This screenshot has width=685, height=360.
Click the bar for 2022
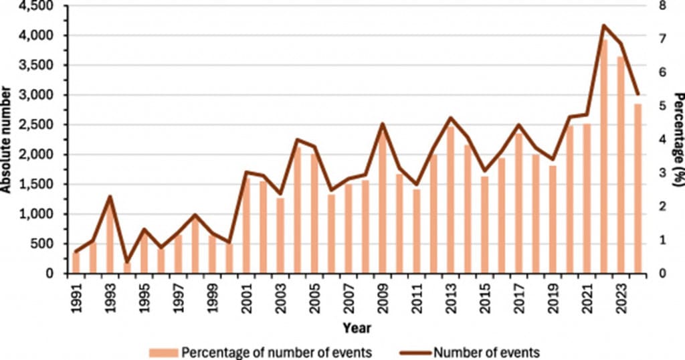coord(604,157)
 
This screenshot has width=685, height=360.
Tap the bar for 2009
coord(382,203)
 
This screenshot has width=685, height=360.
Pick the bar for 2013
coord(450,200)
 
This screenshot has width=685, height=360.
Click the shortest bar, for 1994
coord(127,268)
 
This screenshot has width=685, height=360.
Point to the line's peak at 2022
coord(604,25)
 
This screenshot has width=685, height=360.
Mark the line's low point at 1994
coord(127,262)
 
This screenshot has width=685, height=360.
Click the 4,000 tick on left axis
coord(42,35)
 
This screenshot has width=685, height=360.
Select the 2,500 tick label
coord(42,124)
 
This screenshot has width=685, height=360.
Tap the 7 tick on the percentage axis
coord(663,38)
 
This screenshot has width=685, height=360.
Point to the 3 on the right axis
coord(663,173)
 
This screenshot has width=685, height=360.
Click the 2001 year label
coord(247,298)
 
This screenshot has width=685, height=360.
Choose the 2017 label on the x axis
coord(519,298)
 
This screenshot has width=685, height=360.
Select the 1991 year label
coord(76,298)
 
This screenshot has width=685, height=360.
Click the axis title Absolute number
coord(5,140)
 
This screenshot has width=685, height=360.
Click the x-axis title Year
coord(357,328)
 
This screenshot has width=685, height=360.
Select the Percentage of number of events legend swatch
coord(163,353)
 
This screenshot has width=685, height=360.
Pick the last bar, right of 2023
coord(638,189)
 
